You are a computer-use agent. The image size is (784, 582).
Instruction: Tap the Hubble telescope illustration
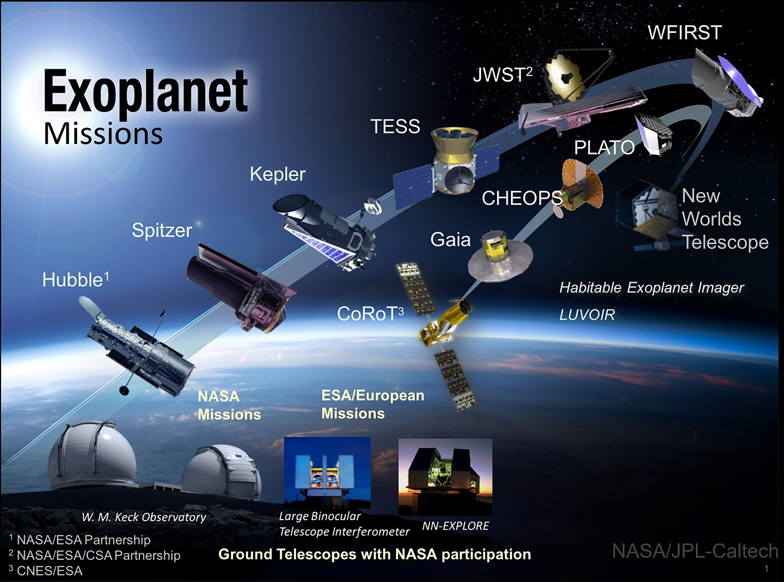click(x=139, y=347)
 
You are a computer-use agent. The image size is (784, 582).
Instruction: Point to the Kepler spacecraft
click(x=326, y=231)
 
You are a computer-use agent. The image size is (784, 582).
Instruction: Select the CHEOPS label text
click(x=522, y=198)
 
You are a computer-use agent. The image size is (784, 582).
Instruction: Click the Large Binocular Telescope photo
click(x=327, y=472)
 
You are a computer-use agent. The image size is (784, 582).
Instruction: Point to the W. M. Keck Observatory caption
click(x=144, y=517)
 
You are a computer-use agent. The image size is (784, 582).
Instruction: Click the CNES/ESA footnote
click(x=46, y=571)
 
